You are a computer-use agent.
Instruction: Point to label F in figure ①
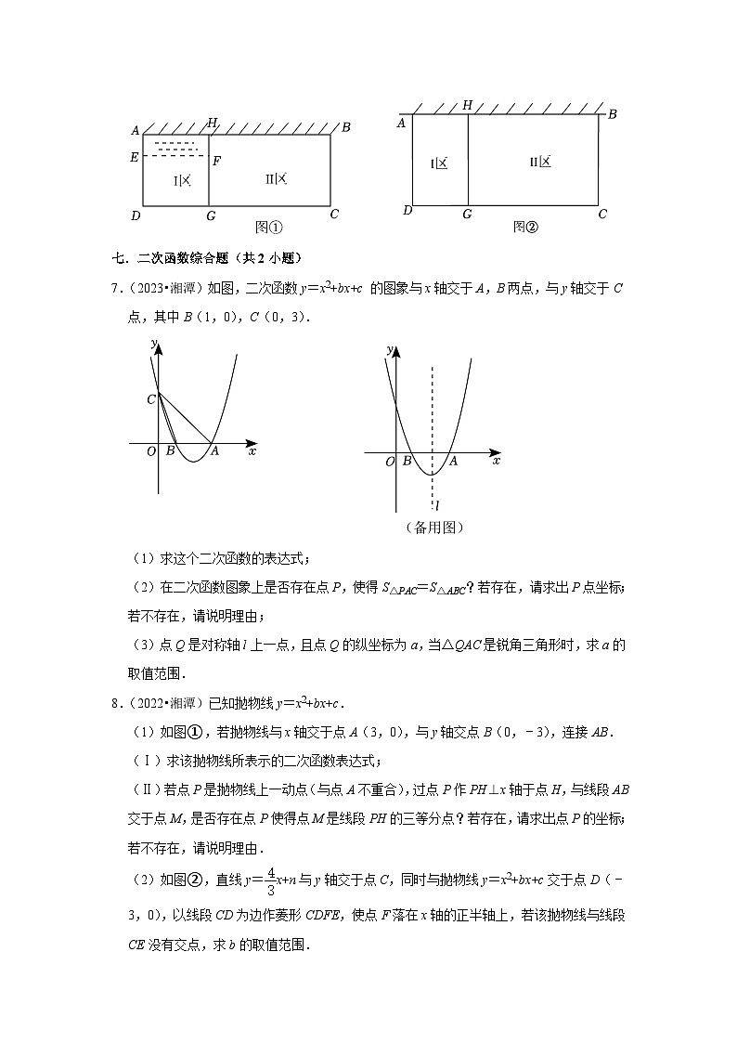(x=216, y=161)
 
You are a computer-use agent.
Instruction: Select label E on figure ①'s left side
(x=135, y=157)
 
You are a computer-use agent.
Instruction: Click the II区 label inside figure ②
(x=540, y=162)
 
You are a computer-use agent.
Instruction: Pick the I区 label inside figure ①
(x=182, y=179)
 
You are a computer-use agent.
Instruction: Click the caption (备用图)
(x=434, y=528)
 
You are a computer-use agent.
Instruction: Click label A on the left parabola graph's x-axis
(x=214, y=451)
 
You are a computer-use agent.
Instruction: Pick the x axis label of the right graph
(x=496, y=461)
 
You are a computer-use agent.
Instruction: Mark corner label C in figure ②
(x=602, y=214)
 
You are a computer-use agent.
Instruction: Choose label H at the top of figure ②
(x=467, y=106)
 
